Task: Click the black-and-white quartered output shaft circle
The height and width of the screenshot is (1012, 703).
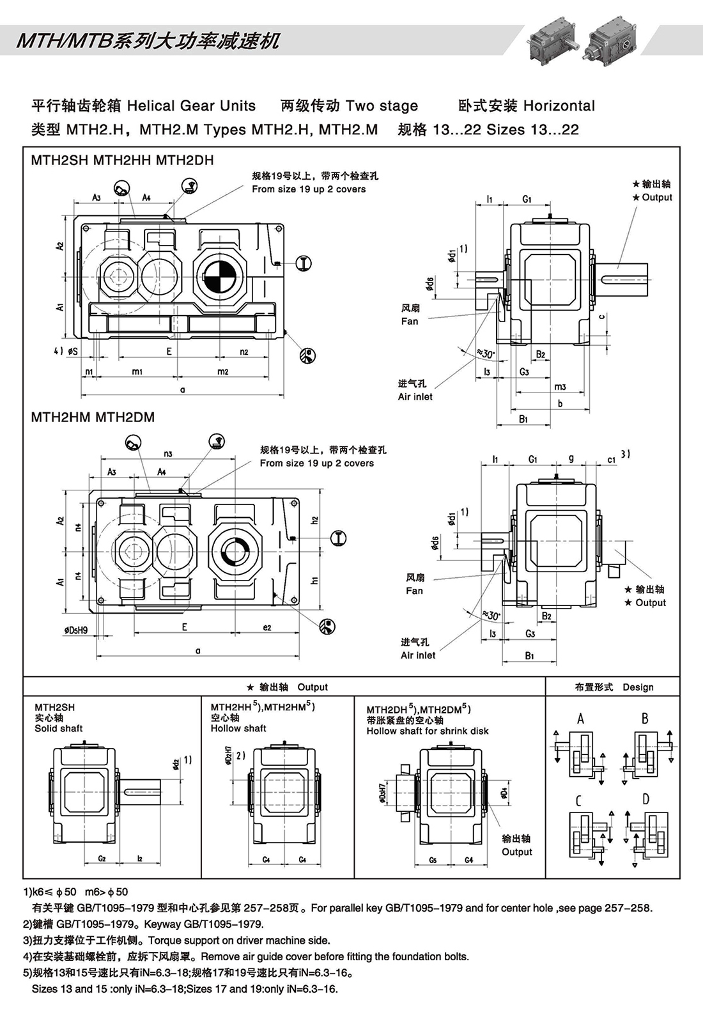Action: pos(219,277)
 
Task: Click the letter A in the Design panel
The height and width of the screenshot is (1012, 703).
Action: pos(580,719)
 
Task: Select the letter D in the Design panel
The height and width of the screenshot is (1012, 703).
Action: pos(645,799)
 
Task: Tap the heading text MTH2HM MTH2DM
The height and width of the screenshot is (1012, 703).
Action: pos(93,417)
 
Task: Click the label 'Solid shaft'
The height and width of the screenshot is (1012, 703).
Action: pos(58,728)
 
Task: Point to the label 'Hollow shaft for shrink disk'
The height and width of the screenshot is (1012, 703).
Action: pos(428,731)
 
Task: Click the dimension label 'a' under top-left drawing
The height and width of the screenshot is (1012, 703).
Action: pos(182,389)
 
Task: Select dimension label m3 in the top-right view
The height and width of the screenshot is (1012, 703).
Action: pos(560,386)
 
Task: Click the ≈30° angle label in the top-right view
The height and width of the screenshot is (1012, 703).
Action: pos(486,354)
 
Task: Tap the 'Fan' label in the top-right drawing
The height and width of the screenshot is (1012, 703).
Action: pos(410,321)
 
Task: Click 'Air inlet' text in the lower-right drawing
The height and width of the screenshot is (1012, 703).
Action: pos(418,655)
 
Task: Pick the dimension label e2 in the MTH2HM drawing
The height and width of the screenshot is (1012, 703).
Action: pos(267,628)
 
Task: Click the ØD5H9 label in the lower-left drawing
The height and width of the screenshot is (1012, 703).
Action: pos(75,630)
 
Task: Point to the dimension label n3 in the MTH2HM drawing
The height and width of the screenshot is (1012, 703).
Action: pos(168,454)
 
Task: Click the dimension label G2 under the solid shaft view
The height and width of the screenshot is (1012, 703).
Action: pos(102,859)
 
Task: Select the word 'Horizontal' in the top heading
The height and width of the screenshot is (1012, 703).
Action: pos(559,106)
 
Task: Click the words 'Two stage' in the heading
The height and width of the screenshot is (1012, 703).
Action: pos(382,106)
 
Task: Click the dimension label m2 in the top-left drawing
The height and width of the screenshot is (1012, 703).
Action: pos(222,371)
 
